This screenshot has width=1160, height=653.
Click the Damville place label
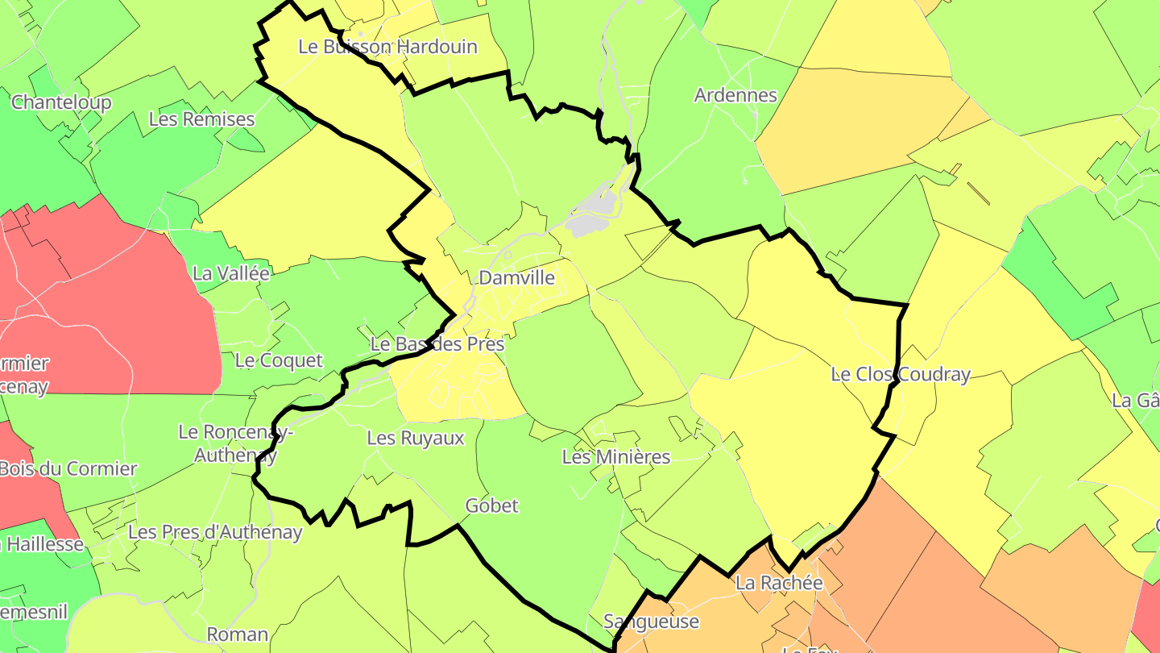tap(516, 278)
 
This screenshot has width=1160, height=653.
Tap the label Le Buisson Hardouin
tap(387, 47)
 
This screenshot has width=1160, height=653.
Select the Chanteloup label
tap(61, 102)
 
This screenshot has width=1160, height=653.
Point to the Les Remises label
tap(201, 119)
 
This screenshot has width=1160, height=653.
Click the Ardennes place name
tap(735, 95)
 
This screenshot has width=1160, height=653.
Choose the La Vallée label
tap(231, 273)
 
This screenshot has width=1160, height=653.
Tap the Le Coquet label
tap(279, 360)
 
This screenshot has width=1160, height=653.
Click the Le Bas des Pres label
tap(437, 344)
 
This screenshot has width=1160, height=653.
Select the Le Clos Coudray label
tap(901, 374)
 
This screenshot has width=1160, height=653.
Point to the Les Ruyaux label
tap(416, 438)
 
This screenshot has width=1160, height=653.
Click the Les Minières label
tap(616, 457)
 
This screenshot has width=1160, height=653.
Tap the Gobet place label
tap(492, 505)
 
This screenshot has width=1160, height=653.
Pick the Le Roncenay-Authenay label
tap(235, 443)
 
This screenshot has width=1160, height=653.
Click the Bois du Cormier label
tap(68, 468)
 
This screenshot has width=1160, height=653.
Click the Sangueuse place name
tap(651, 622)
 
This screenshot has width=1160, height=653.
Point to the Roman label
tap(238, 634)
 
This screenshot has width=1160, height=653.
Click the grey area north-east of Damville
tap(592, 214)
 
